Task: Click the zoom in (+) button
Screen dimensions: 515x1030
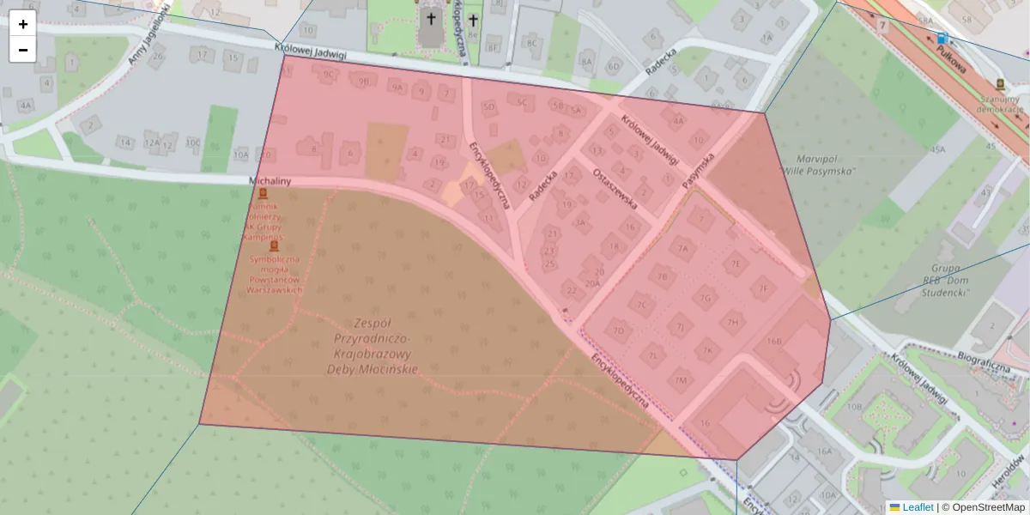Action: click(x=23, y=24)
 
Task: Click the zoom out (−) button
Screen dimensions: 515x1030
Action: click(x=23, y=50)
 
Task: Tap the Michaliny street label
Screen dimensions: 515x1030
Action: click(x=270, y=181)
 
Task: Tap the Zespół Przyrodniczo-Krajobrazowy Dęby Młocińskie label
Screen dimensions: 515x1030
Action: click(x=372, y=346)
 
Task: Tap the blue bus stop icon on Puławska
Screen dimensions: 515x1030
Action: click(x=942, y=39)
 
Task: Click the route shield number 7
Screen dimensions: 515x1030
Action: click(x=882, y=26)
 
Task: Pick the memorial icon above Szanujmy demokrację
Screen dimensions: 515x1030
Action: click(x=1000, y=84)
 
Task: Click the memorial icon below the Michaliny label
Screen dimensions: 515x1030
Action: click(x=264, y=194)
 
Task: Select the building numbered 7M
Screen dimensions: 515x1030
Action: click(x=682, y=380)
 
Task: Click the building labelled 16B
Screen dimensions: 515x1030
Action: click(x=774, y=341)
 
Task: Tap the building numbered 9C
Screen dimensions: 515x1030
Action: click(x=328, y=75)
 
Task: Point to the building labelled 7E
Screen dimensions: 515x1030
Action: click(x=736, y=264)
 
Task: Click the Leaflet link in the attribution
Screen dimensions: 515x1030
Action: click(x=917, y=507)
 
